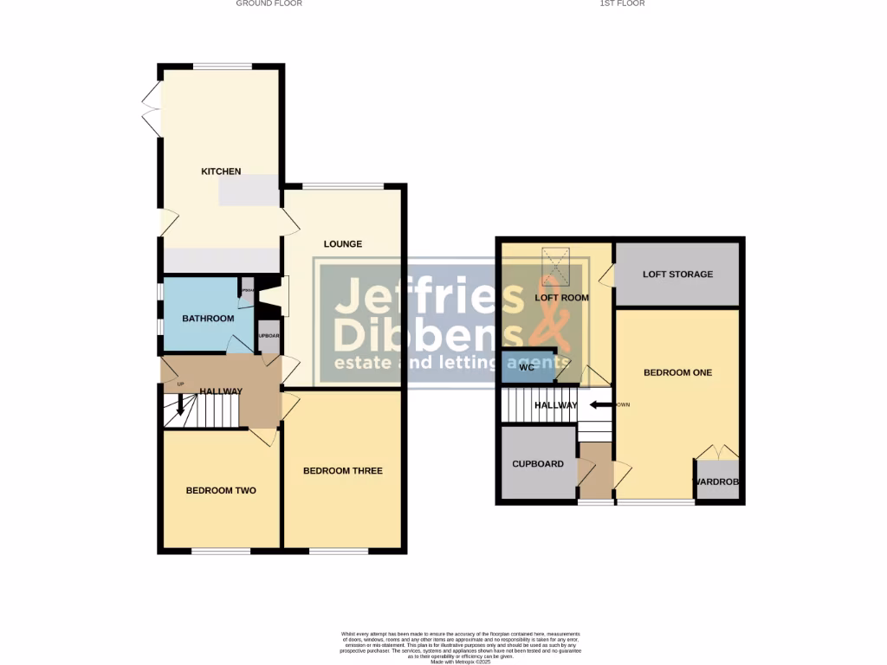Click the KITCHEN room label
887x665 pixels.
(221, 171)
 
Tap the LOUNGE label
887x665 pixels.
(343, 244)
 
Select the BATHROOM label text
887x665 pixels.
(208, 319)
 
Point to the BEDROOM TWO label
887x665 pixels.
(221, 491)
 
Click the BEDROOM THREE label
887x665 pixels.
(342, 471)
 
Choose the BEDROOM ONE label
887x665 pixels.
(677, 373)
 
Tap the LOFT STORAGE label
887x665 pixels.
(677, 274)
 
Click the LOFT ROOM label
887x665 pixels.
(561, 298)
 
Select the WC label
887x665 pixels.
(527, 367)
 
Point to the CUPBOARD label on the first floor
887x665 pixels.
(538, 464)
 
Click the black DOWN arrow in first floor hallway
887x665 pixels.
(599, 404)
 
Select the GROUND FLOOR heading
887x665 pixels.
(269, 3)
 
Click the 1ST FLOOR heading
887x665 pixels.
(622, 3)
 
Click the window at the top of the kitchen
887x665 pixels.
(222, 67)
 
